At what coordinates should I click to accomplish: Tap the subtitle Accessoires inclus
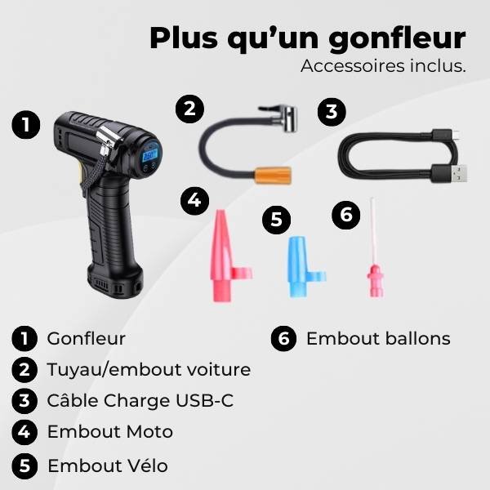pyautogui.click(x=383, y=66)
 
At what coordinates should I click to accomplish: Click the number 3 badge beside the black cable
pyautogui.click(x=329, y=113)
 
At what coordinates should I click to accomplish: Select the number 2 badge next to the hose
pyautogui.click(x=189, y=109)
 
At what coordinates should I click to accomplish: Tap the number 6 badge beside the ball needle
pyautogui.click(x=346, y=214)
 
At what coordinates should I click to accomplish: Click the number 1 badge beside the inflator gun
pyautogui.click(x=28, y=126)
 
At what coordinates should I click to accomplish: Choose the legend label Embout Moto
pyautogui.click(x=110, y=431)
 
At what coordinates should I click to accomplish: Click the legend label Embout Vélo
pyautogui.click(x=108, y=465)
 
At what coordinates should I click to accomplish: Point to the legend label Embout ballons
pyautogui.click(x=378, y=338)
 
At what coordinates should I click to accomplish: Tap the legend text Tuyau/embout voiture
pyautogui.click(x=149, y=369)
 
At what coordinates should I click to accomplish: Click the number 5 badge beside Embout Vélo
pyautogui.click(x=24, y=466)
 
